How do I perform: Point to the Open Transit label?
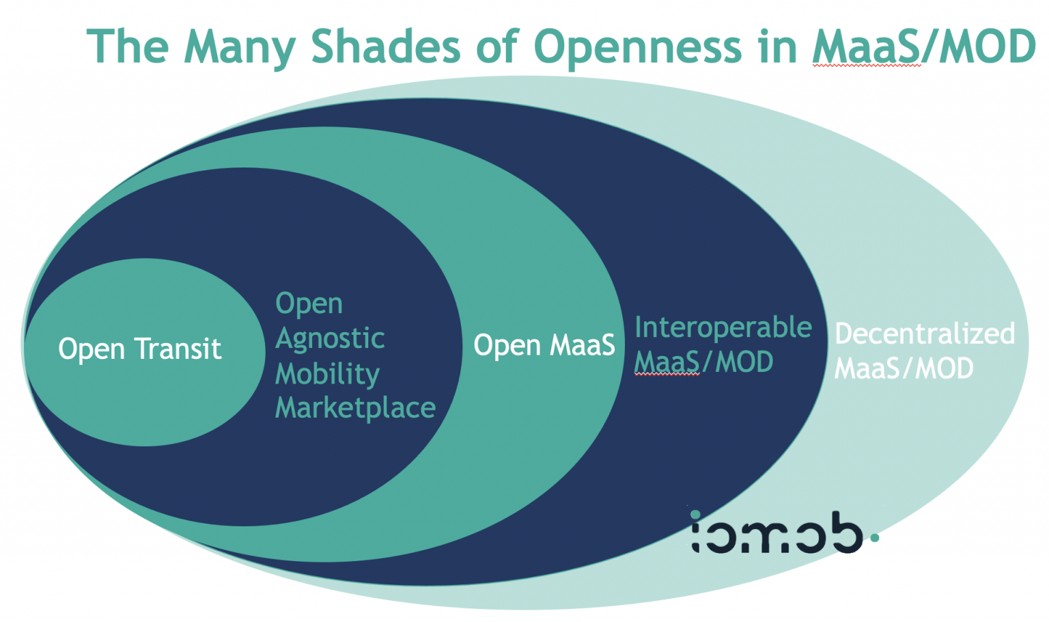[140, 349]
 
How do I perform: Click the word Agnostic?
[330, 339]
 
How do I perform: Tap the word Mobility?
[327, 374]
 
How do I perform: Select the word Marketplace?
[355, 408]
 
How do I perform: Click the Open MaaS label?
[544, 345]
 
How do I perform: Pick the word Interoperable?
[723, 328]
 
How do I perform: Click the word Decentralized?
[925, 334]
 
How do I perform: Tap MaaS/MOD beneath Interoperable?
[703, 362]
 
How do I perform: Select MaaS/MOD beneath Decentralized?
[904, 369]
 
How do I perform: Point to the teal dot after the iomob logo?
[875, 538]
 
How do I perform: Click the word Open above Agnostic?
[309, 304]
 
